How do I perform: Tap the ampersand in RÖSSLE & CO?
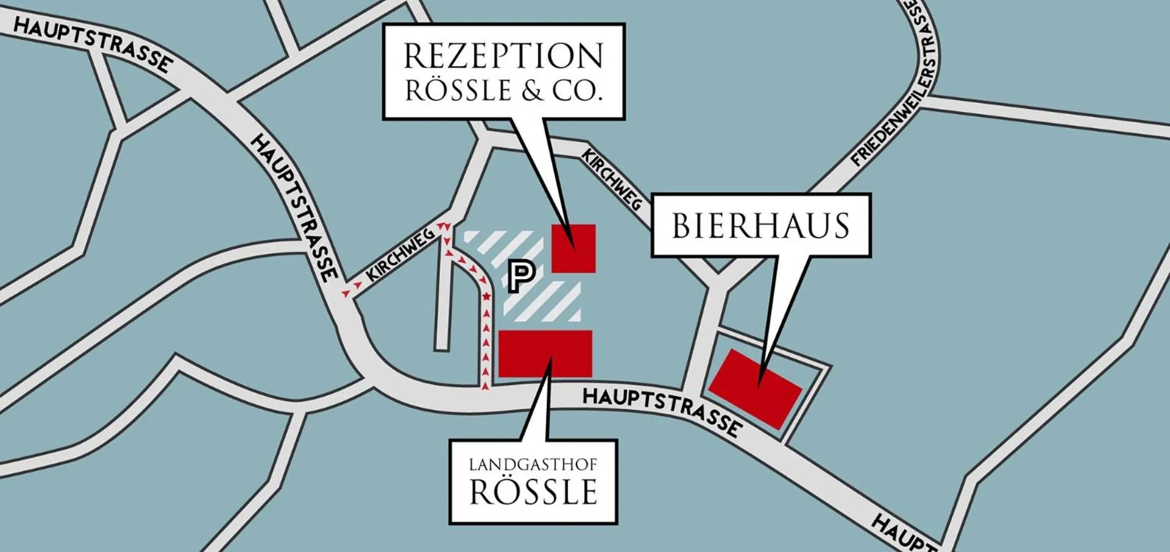(x=532, y=91)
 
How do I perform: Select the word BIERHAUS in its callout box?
(x=760, y=226)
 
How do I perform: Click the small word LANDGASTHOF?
(x=533, y=465)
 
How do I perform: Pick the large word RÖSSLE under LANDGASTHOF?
(x=533, y=492)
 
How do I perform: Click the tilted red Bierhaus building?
(x=755, y=389)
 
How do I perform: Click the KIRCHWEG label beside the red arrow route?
(x=400, y=255)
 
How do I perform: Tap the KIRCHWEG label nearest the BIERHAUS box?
(x=612, y=180)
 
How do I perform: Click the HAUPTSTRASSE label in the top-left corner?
(x=91, y=43)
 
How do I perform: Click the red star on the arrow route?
(x=487, y=296)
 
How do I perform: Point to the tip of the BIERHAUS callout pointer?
(x=759, y=385)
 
